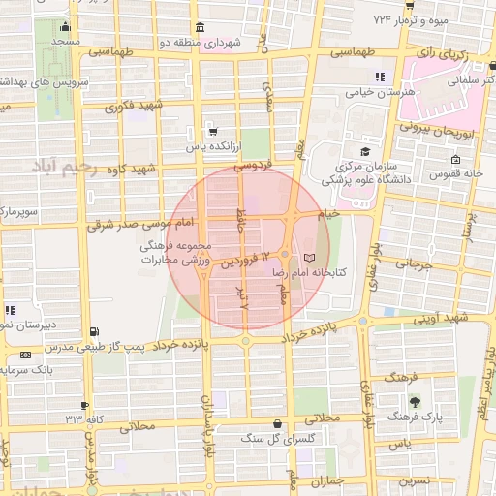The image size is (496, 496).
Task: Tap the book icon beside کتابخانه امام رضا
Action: pyautogui.click(x=309, y=258)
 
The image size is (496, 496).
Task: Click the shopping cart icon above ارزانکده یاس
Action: pyautogui.click(x=213, y=131)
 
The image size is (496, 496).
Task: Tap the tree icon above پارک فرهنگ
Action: pyautogui.click(x=415, y=401)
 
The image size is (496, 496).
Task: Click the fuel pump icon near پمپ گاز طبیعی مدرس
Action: pyautogui.click(x=93, y=332)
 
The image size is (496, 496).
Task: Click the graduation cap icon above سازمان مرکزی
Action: pyautogui.click(x=365, y=151)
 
